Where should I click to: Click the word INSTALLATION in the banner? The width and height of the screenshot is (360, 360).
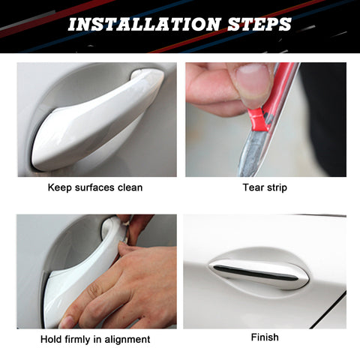pos(144,24)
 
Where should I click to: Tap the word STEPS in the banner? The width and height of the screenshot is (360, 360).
pos(259,24)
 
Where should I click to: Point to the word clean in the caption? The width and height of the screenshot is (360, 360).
pos(130,187)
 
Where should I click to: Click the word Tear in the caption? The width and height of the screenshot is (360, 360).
pos(252,187)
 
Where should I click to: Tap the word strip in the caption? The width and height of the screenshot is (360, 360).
pos(275,187)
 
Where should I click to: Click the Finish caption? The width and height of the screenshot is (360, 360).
pos(265,337)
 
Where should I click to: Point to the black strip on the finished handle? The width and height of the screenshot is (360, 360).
pos(255,273)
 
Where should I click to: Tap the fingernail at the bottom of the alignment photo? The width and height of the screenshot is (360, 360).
pos(66,322)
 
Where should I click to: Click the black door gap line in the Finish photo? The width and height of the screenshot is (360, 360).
pos(328,310)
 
